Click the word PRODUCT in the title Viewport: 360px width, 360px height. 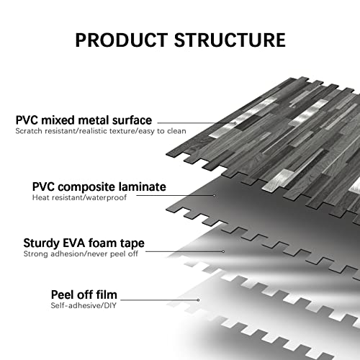pos(122,40)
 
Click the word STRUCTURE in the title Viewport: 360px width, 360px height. pos(230,40)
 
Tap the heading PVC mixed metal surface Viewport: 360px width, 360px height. pos(84,120)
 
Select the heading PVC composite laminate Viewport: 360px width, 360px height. pos(99,186)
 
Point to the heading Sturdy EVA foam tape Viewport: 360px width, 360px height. pos(84,243)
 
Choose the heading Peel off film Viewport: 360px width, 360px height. pos(84,294)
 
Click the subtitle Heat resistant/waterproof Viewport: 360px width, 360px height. pos(79,198)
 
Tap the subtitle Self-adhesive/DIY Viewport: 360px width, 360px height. pos(84,306)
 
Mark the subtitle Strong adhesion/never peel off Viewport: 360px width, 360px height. pos(81,254)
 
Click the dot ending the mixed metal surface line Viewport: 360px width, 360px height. pos(235,123)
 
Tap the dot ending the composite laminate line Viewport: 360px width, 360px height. pos(214,195)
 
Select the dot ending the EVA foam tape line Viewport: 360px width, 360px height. pos(223,251)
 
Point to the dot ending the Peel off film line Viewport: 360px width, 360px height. pos(198,300)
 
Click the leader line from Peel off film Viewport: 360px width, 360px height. pos(159,300)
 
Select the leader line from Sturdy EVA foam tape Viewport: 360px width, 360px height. pos(184,251)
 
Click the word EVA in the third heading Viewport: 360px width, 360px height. pos(74,243)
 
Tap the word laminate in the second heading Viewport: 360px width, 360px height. pos(143,186)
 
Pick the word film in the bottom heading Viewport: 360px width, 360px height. pos(107,294)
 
